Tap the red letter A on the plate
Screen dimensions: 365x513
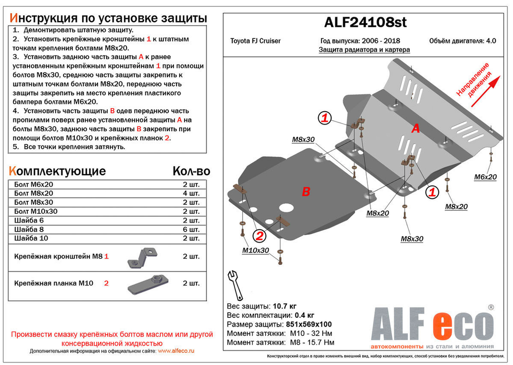(416, 129)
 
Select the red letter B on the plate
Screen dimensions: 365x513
(306, 192)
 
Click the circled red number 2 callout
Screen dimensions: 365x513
(260, 236)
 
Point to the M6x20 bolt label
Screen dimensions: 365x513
(485, 177)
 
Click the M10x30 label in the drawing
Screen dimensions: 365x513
(255, 250)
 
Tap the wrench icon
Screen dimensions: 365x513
(235, 285)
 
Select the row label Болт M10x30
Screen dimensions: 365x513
(36, 211)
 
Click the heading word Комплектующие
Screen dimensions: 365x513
(57, 171)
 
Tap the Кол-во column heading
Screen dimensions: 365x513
(190, 171)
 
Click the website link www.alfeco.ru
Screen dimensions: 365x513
(176, 351)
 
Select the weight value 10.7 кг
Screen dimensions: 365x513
(284, 306)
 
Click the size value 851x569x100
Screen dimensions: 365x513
(308, 325)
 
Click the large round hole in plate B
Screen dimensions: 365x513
(286, 209)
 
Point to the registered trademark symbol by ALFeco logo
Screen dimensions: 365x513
(490, 307)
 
